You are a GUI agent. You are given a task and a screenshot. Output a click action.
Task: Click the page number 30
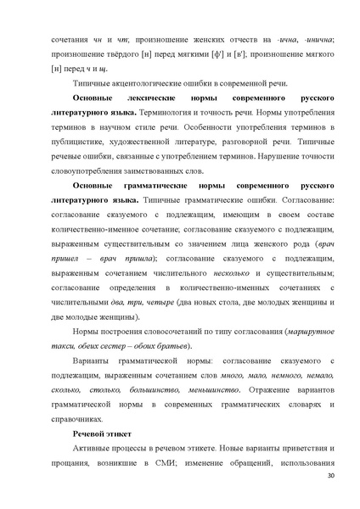pos(330,479)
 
